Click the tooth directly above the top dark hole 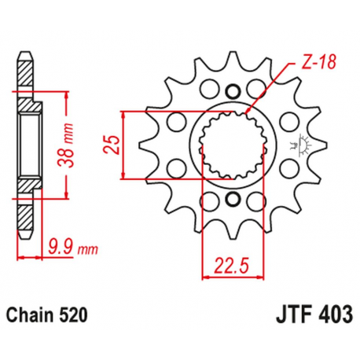[x=232, y=58]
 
